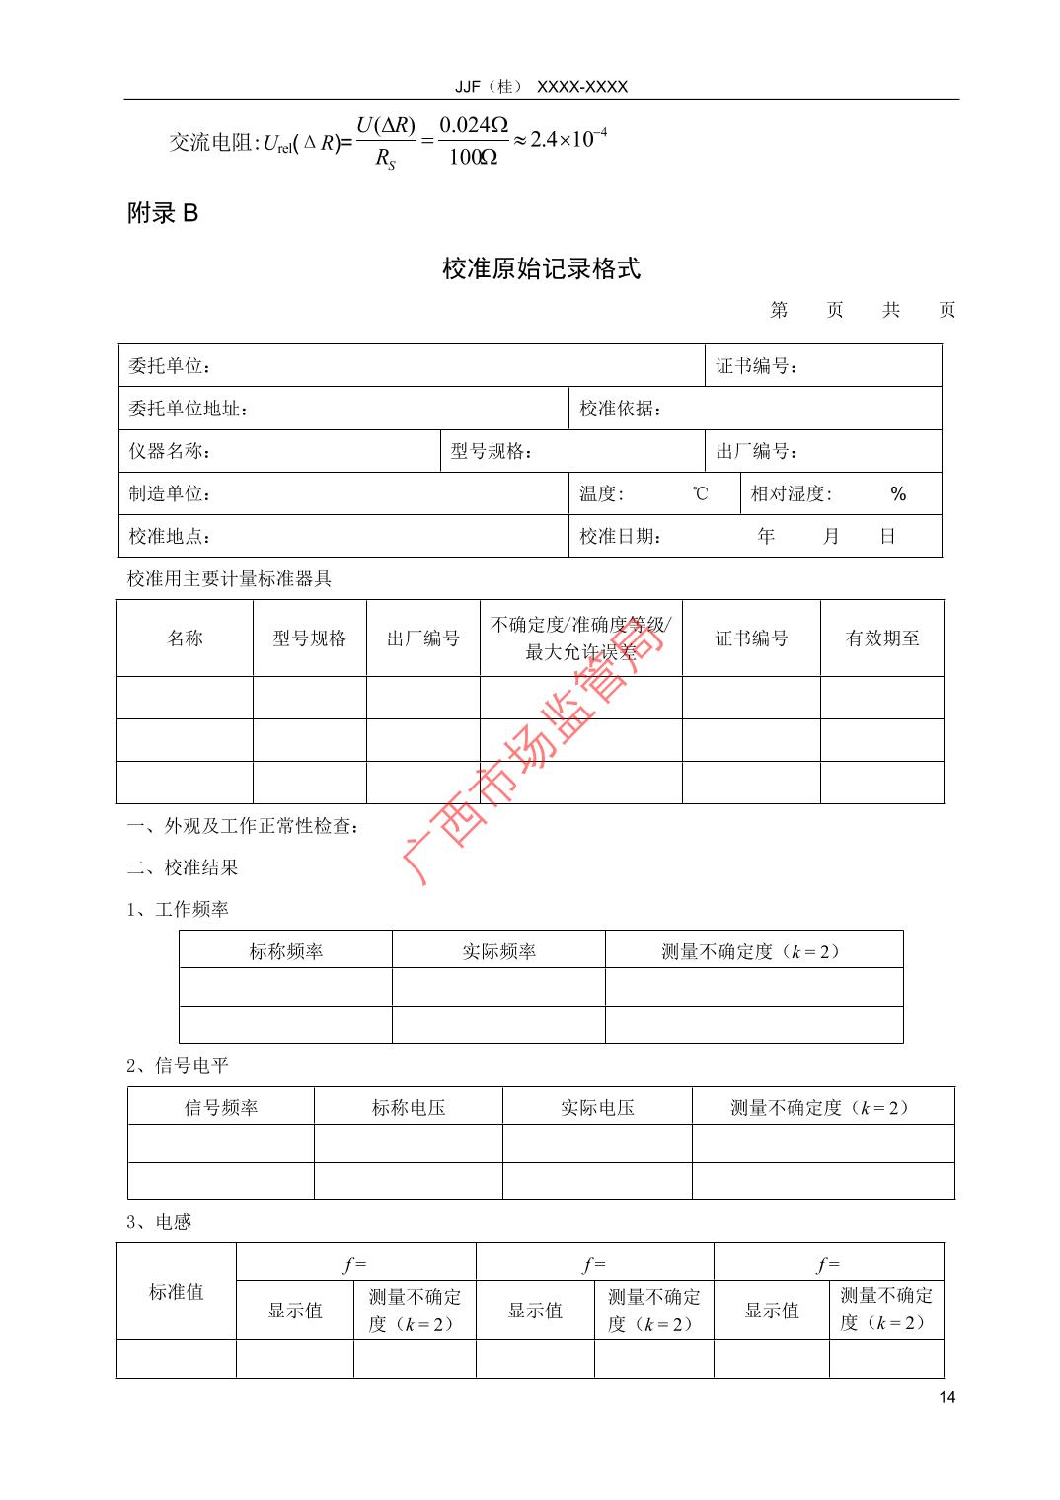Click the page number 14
tap(947, 1396)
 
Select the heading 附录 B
tap(163, 213)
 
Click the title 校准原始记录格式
tap(541, 268)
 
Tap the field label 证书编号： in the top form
tap(757, 366)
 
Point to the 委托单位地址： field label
tap(188, 409)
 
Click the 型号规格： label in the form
tap(492, 451)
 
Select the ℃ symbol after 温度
tap(700, 493)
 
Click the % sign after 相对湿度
tap(897, 493)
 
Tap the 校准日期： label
tap(621, 536)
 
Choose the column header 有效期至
tap(881, 638)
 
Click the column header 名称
tap(185, 638)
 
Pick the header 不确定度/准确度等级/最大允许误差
tap(580, 637)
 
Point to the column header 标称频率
tap(285, 951)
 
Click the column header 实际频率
tap(498, 951)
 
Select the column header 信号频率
tap(221, 1107)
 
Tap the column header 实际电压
tap(597, 1107)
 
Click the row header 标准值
tap(177, 1291)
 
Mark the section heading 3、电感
tap(159, 1222)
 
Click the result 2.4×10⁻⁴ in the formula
tap(568, 138)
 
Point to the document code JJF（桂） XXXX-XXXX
tap(541, 87)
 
